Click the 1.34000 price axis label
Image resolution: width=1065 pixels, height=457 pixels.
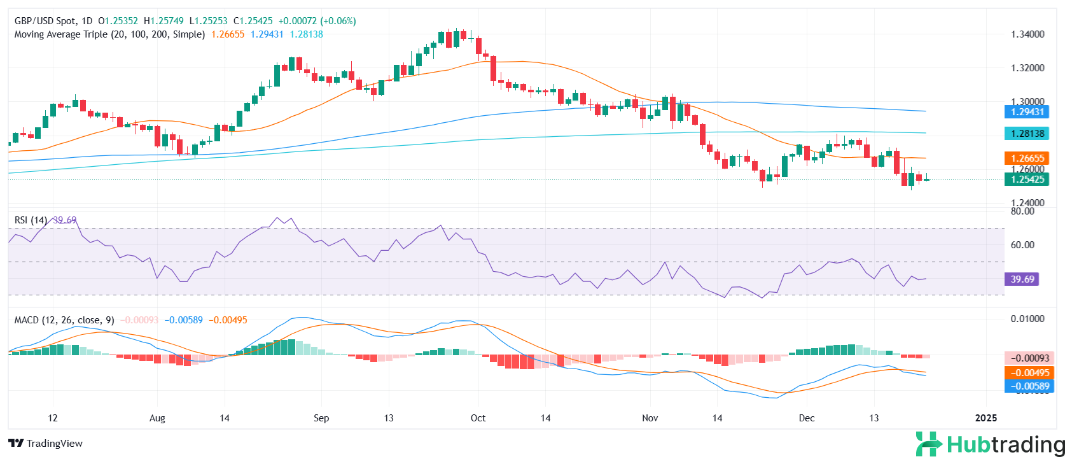pos(1027,34)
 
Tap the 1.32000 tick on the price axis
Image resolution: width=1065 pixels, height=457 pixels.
pos(1027,68)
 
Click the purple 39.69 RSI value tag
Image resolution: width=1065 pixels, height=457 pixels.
pos(1022,279)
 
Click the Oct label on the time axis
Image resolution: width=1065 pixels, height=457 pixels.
pos(478,418)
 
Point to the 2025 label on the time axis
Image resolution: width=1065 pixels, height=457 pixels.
pos(986,418)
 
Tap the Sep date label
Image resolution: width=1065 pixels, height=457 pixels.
pos(321,418)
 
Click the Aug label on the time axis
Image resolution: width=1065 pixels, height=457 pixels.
pos(157,418)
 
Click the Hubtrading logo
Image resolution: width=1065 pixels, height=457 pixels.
pos(990,444)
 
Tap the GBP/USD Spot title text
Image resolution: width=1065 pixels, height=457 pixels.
pos(45,21)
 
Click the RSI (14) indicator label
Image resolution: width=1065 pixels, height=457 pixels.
pos(31,220)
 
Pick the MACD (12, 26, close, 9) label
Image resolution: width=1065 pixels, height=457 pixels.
pos(64,320)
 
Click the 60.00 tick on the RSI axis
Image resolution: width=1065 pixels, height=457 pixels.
pos(1022,245)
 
